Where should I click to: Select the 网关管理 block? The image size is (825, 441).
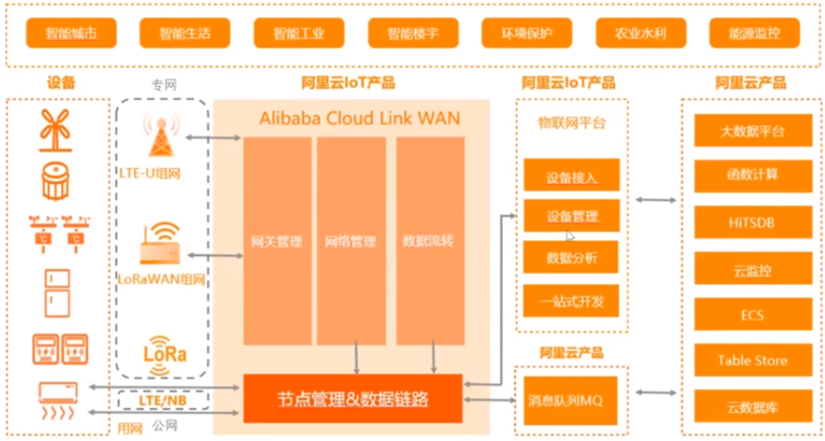tap(277, 241)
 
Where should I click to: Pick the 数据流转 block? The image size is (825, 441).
tap(429, 241)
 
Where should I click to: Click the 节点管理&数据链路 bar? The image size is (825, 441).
tap(354, 400)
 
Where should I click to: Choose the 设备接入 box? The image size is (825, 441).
tap(571, 176)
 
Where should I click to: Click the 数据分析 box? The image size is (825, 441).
tap(571, 256)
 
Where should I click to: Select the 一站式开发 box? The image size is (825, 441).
tap(571, 301)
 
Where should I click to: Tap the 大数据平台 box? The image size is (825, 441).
tap(751, 131)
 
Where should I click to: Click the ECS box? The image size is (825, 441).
tap(751, 314)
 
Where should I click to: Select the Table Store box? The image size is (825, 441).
tap(751, 360)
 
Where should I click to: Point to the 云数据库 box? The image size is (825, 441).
tap(751, 407)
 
